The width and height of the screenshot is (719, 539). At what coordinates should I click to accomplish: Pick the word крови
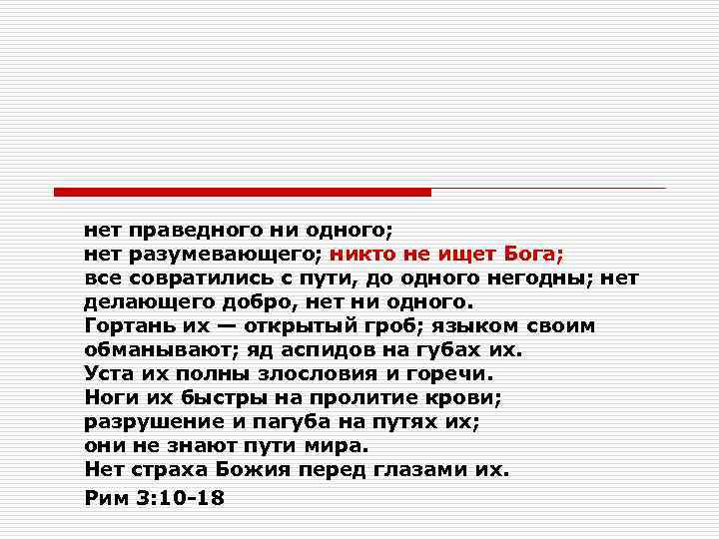[466, 397]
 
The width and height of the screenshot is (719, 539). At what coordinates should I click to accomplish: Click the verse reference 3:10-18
[175, 496]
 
